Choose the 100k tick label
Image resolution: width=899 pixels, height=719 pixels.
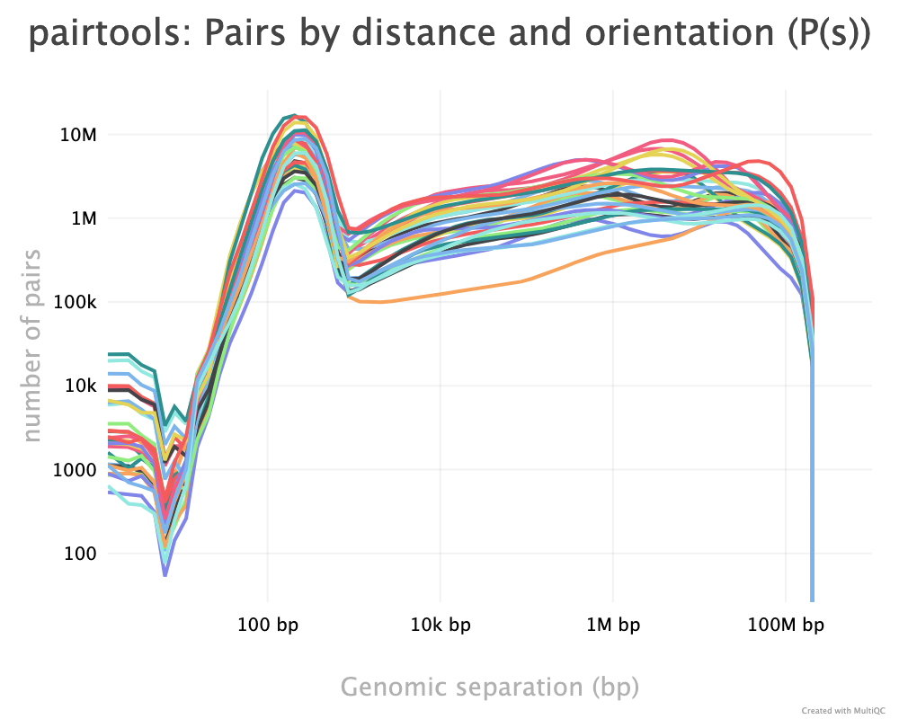(76, 302)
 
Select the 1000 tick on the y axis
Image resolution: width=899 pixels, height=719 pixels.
(76, 470)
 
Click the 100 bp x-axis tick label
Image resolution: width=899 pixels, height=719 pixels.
(267, 624)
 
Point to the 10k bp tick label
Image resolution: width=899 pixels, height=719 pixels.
(441, 624)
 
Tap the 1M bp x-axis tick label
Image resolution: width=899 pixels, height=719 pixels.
(613, 624)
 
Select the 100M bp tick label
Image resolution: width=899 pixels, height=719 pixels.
(787, 624)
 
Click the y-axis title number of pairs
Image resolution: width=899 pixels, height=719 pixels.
(31, 344)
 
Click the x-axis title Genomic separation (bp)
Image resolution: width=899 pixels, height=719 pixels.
(490, 687)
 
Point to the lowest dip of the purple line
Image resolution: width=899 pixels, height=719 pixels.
(165, 573)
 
